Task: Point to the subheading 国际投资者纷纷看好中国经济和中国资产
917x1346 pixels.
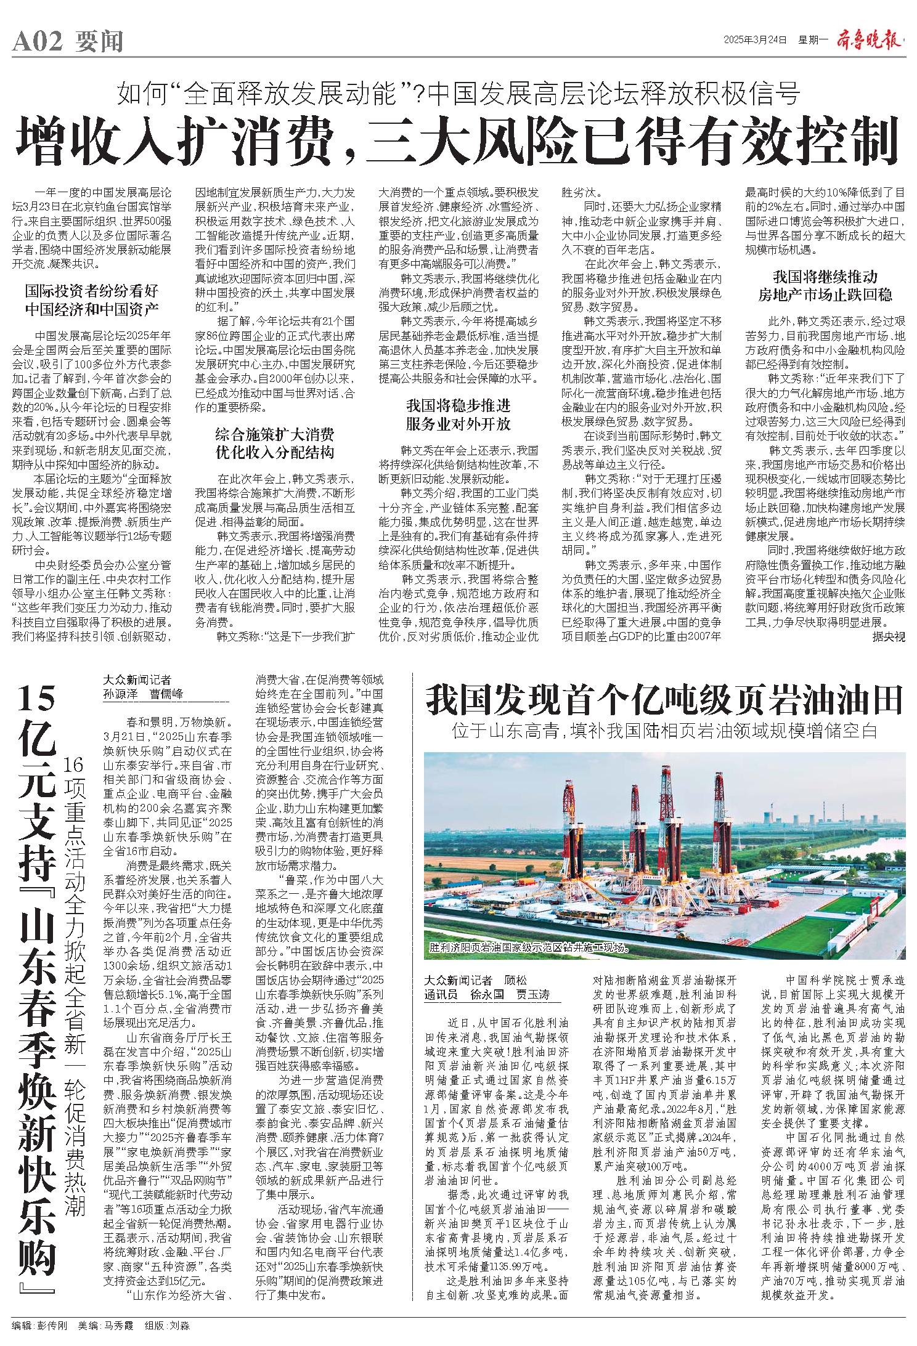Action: (x=91, y=299)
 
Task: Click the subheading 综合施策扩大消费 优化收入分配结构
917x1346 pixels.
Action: (x=274, y=443)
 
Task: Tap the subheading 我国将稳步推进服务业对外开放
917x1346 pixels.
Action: (x=458, y=415)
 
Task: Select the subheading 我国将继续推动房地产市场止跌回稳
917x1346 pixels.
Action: (x=825, y=285)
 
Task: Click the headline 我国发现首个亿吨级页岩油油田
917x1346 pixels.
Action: (x=664, y=700)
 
